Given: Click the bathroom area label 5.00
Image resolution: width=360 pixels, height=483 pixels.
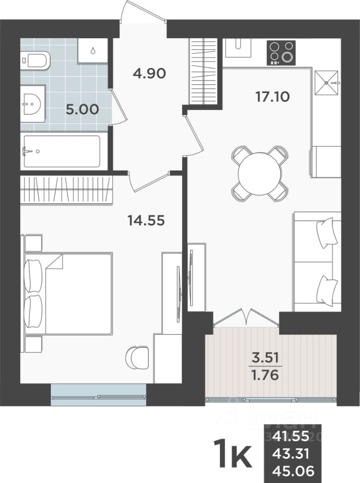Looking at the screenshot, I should tap(82, 109).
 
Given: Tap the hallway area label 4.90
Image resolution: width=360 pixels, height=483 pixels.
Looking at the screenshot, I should tap(149, 73).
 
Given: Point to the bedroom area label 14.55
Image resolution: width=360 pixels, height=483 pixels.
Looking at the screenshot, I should tap(147, 220).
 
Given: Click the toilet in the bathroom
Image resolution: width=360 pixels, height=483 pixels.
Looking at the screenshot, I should tap(35, 61).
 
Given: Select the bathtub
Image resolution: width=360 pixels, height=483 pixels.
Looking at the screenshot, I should tap(61, 151).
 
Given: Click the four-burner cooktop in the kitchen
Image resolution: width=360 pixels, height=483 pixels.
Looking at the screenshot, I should tap(281, 52).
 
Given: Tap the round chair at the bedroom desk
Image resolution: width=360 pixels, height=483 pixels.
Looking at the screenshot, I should tap(136, 358).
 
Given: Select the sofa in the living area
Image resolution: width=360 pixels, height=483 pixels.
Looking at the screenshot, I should tap(317, 262).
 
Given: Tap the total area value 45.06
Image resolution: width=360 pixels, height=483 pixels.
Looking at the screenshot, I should tap(293, 471).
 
